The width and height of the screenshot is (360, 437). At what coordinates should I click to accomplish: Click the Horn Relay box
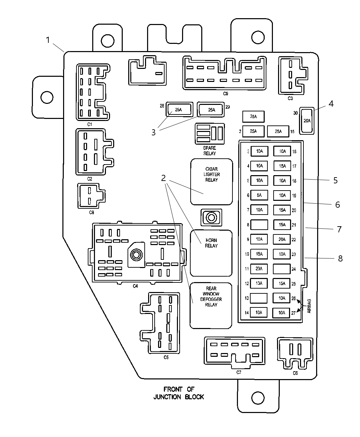[211, 253]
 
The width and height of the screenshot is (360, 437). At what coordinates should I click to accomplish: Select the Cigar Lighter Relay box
[212, 182]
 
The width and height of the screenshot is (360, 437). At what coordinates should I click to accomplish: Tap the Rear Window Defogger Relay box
[211, 305]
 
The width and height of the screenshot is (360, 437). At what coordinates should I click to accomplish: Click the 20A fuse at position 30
[307, 121]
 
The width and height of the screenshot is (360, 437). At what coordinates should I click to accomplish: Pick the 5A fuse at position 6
[259, 195]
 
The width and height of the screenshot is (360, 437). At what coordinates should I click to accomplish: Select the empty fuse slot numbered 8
[259, 225]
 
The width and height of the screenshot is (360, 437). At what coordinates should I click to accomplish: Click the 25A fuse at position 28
[178, 110]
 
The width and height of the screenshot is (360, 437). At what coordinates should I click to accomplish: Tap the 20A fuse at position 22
[282, 240]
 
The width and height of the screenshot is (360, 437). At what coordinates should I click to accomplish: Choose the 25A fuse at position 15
[278, 131]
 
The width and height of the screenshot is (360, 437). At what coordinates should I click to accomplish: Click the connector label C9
[225, 94]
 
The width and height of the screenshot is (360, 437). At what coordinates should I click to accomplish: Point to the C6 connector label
[295, 373]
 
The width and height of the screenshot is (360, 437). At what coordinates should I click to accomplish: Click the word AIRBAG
[309, 306]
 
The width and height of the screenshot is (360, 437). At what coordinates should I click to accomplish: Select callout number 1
[48, 40]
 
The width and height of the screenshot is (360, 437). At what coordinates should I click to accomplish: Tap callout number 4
[331, 103]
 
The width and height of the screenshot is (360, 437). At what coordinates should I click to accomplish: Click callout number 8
[340, 258]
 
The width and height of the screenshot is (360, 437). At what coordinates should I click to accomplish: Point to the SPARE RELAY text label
[209, 151]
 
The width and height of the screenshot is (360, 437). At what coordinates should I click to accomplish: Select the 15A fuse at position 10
[259, 254]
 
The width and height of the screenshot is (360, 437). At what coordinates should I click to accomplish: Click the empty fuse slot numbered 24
[282, 269]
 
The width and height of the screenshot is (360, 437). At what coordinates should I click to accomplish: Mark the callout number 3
[153, 132]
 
